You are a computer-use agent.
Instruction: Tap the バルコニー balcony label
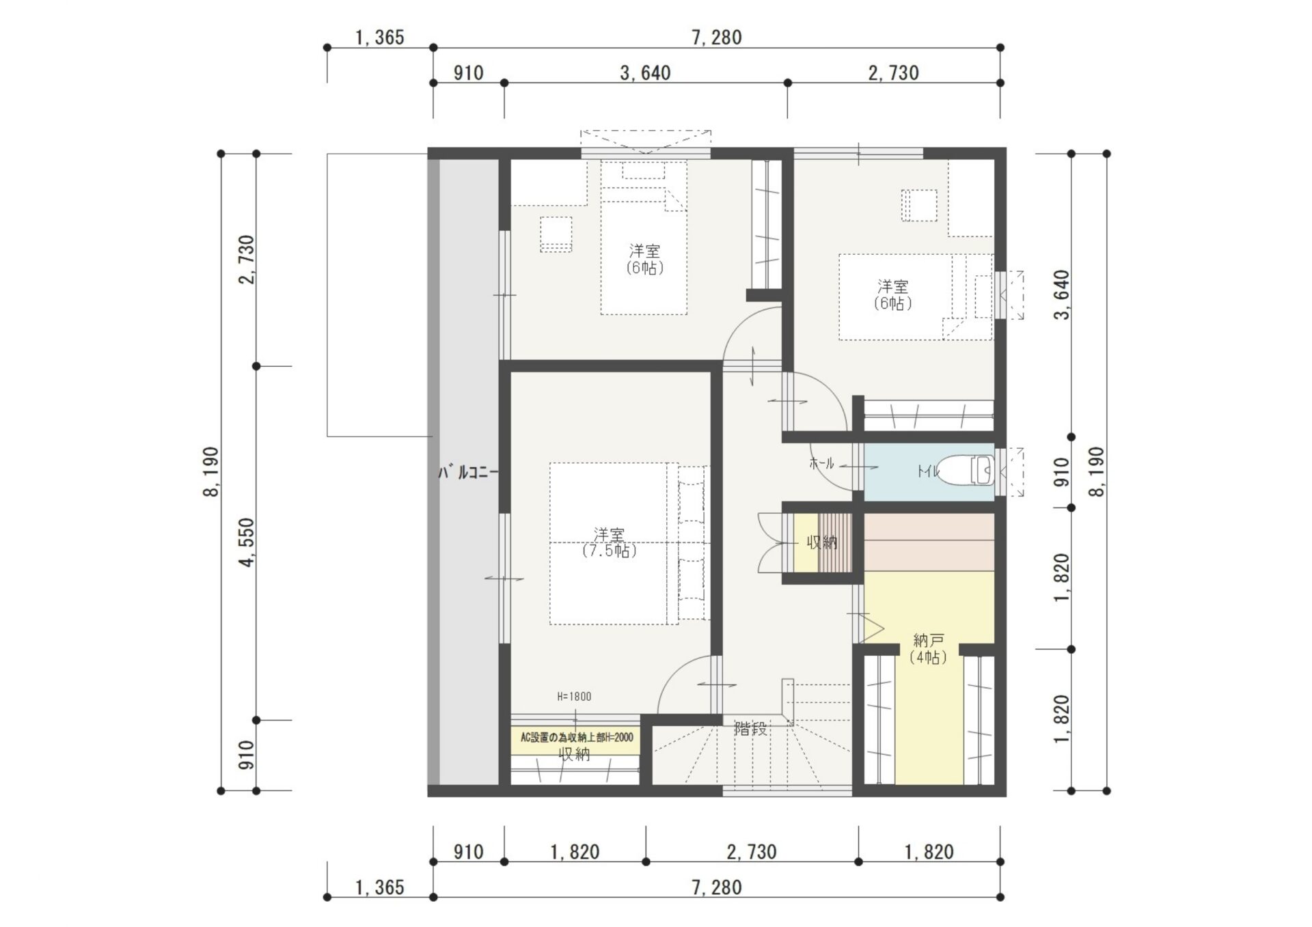coord(468,472)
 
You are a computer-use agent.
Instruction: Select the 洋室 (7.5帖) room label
coord(609,542)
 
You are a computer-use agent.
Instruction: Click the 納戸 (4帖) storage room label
coord(928,649)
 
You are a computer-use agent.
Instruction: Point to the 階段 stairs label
coord(750,729)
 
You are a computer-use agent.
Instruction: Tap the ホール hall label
coord(821,463)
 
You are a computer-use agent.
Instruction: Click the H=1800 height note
coord(574,697)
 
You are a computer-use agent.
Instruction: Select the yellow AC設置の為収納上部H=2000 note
coord(577,738)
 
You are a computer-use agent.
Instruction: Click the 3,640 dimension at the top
coord(645,72)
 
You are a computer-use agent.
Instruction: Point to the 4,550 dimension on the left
coord(247,542)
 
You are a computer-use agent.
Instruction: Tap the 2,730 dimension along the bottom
coord(752,852)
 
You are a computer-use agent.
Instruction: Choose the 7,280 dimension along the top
coord(717,37)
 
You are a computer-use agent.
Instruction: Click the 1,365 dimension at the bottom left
coord(380,887)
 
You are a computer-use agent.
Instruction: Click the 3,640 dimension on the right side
coord(1062,295)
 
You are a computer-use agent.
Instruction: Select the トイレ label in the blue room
coord(928,471)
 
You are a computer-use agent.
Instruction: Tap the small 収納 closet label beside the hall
coord(822,542)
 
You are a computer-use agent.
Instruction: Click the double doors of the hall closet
coord(770,542)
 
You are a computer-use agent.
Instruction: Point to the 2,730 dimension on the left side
coord(247,260)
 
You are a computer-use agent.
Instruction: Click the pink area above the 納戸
coord(929,542)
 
